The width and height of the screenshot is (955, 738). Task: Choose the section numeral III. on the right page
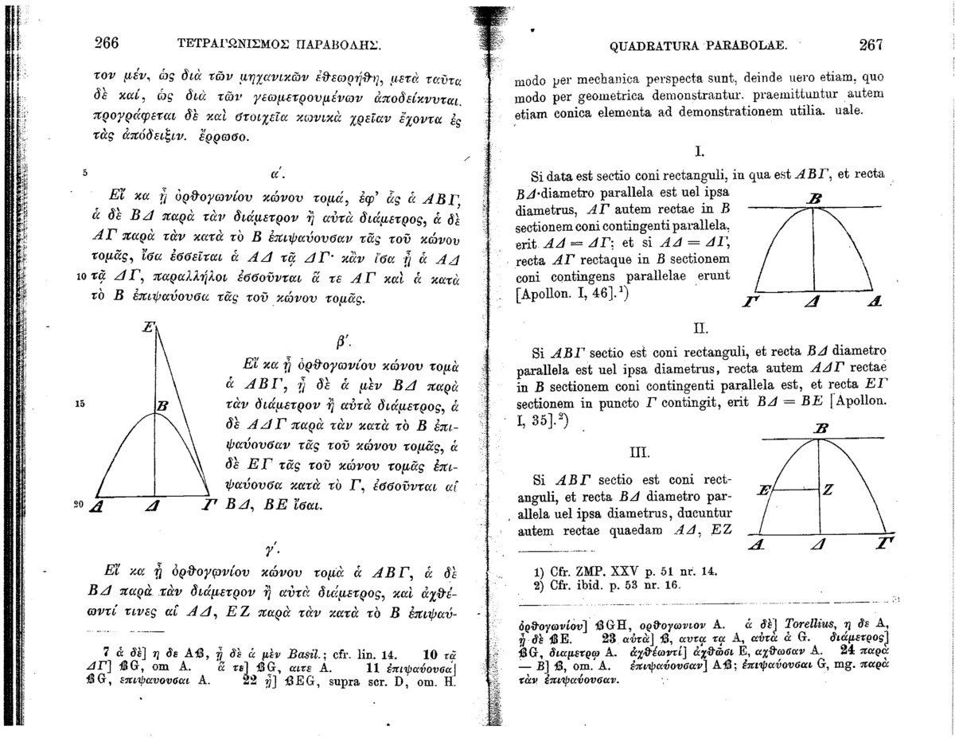click(641, 453)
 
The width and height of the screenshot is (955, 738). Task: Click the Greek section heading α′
click(272, 170)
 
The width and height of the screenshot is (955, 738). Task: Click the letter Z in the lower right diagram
click(828, 491)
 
